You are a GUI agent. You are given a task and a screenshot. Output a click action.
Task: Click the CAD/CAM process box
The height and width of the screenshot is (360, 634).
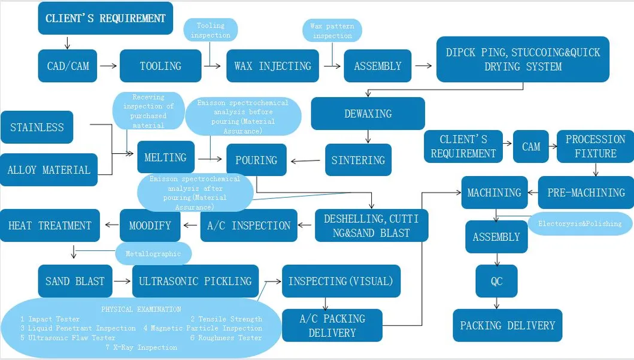coord(68,66)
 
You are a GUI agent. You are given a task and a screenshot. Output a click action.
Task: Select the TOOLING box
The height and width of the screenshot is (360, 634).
coord(160,66)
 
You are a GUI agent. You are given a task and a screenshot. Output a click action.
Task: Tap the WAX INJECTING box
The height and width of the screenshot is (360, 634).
coord(272,66)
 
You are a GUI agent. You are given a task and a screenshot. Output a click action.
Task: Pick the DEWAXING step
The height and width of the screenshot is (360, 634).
coord(368,114)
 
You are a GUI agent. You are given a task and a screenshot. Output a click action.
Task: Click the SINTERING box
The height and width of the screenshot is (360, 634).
coord(358,160)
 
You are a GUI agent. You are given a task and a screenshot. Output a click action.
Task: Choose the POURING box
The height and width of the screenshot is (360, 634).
coord(256,160)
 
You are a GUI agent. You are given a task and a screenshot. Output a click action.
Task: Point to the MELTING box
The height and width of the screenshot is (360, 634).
coord(165,158)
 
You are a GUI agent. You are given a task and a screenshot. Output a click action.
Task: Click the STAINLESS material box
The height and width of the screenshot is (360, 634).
coord(37,127)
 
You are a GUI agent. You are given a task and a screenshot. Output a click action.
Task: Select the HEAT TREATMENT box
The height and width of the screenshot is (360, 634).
coord(50,225)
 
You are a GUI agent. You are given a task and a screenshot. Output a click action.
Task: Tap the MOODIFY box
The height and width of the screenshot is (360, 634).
coord(150,225)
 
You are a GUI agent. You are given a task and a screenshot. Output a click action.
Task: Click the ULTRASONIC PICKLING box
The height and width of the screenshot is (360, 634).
coord(195,281)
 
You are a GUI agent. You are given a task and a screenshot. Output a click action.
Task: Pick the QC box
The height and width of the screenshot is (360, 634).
coord(496,281)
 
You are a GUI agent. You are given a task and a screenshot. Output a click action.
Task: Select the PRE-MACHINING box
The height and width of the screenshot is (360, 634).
coord(586,192)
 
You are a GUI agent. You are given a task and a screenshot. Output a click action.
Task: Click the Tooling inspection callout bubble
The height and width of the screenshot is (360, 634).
coord(210,30)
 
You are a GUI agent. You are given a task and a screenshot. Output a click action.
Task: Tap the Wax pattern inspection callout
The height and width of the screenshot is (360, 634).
coord(332,31)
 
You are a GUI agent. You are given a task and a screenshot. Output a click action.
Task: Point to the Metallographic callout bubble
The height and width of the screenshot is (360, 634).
coord(153,253)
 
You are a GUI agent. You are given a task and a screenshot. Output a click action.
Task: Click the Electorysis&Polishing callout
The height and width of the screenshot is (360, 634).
coord(580,223)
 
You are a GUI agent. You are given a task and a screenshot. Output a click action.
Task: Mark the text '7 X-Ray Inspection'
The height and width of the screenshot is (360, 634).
coord(141,347)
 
